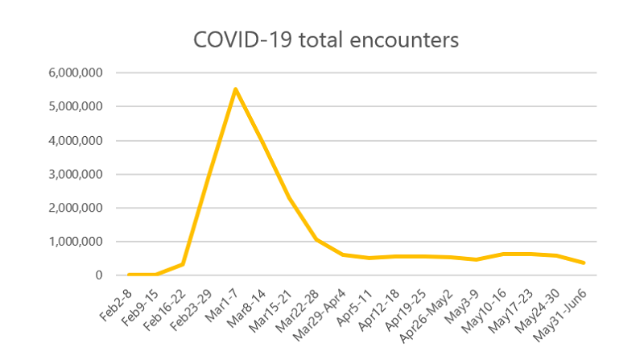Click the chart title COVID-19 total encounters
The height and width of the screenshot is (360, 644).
pos(325,40)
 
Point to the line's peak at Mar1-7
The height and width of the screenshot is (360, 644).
pos(235,89)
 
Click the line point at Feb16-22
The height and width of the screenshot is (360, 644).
pos(182,264)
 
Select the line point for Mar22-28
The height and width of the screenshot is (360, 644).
pos(316,239)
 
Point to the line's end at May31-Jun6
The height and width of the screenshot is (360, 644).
pos(584,263)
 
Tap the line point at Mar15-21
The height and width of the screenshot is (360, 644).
pos(289,198)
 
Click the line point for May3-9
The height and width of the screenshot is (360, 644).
pos(477,259)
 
